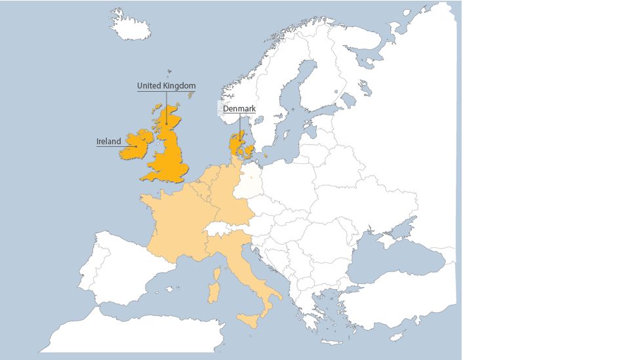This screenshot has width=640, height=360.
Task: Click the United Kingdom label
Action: pos(166,86)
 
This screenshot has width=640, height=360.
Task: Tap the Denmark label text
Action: pos(239,109)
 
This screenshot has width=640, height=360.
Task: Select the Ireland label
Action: pos(109,142)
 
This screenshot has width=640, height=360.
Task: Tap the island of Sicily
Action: pos(250,321)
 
